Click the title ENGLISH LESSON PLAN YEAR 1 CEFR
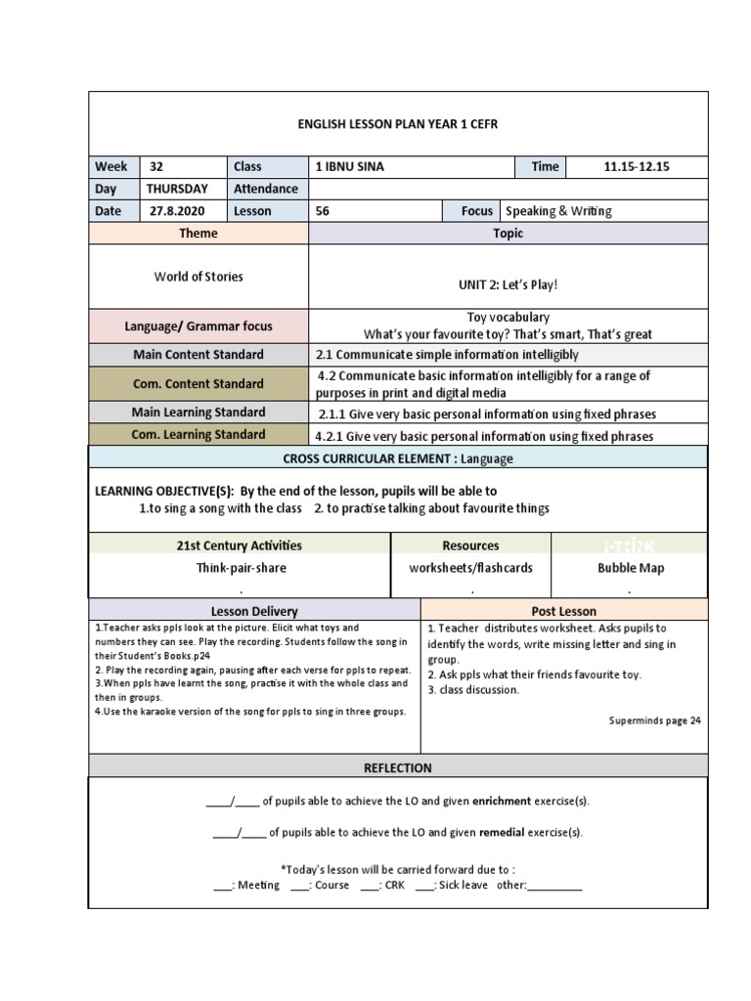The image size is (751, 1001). coord(397,124)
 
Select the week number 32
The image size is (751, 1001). coord(157,166)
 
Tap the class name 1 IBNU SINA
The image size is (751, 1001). coord(349,166)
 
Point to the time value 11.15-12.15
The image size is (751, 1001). coord(636,166)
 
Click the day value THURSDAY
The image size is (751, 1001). coord(177,189)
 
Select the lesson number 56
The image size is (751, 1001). coord(323,210)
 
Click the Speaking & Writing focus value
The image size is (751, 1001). coord(558,210)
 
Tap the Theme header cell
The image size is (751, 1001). coord(199,234)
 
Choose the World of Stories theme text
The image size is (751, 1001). coord(199,277)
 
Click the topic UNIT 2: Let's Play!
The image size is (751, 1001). coord(508,284)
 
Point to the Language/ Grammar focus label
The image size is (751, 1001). coord(199,326)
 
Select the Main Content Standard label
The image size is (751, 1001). coord(199,355)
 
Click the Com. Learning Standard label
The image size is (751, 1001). coord(199,435)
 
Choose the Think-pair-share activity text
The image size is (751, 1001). coord(240,568)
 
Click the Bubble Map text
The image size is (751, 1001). coord(631,568)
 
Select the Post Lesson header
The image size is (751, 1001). coord(563,611)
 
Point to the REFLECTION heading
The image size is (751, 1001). coord(397,767)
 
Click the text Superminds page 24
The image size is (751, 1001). coord(654,720)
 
